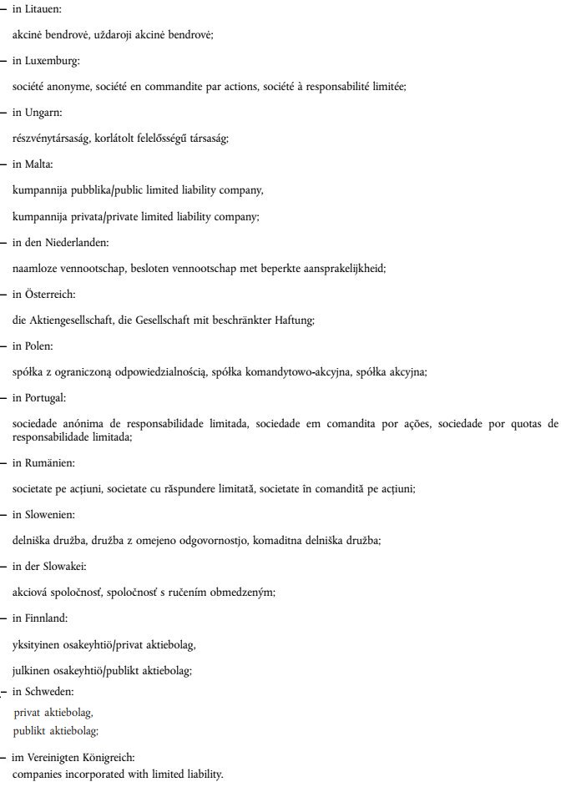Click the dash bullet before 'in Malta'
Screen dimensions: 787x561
4,164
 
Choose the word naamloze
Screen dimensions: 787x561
35,268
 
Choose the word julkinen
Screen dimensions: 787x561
33,669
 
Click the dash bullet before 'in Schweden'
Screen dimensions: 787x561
4,694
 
